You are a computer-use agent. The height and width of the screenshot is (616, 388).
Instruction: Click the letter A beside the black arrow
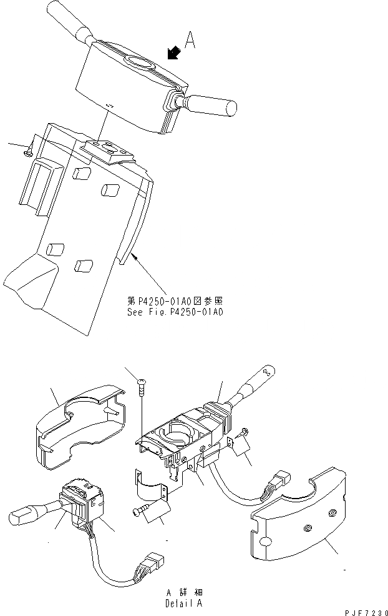(192, 41)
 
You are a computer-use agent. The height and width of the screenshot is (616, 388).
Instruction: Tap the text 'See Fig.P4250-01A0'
(173, 312)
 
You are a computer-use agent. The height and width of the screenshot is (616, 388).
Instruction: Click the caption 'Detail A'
(184, 604)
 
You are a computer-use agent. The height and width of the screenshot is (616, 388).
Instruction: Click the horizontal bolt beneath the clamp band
(147, 510)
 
